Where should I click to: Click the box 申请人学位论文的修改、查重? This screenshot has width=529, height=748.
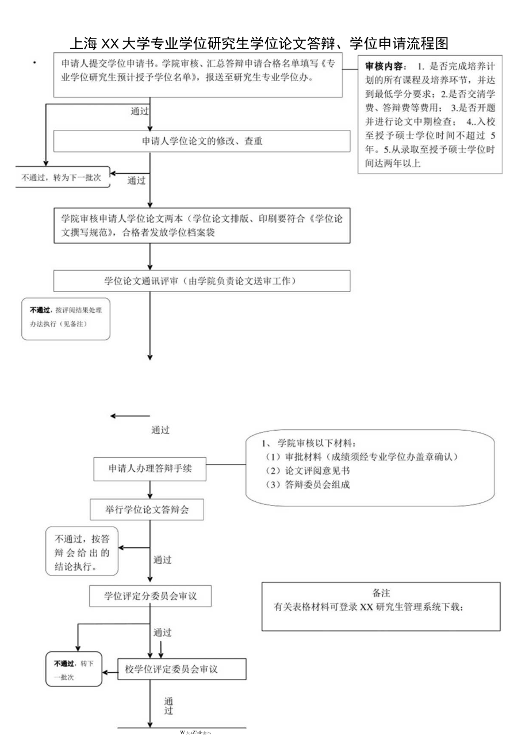point(202,141)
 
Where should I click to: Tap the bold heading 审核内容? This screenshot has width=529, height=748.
point(385,66)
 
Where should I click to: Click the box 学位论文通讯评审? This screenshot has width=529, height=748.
point(202,281)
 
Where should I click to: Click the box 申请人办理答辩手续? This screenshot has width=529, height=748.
point(150,469)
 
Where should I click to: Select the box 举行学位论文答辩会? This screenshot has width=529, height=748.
point(148,509)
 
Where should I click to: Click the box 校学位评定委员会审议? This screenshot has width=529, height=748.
point(182,669)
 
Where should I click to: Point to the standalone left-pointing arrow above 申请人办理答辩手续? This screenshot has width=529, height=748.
point(130,416)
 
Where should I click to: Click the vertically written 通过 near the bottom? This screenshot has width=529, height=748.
point(168,706)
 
